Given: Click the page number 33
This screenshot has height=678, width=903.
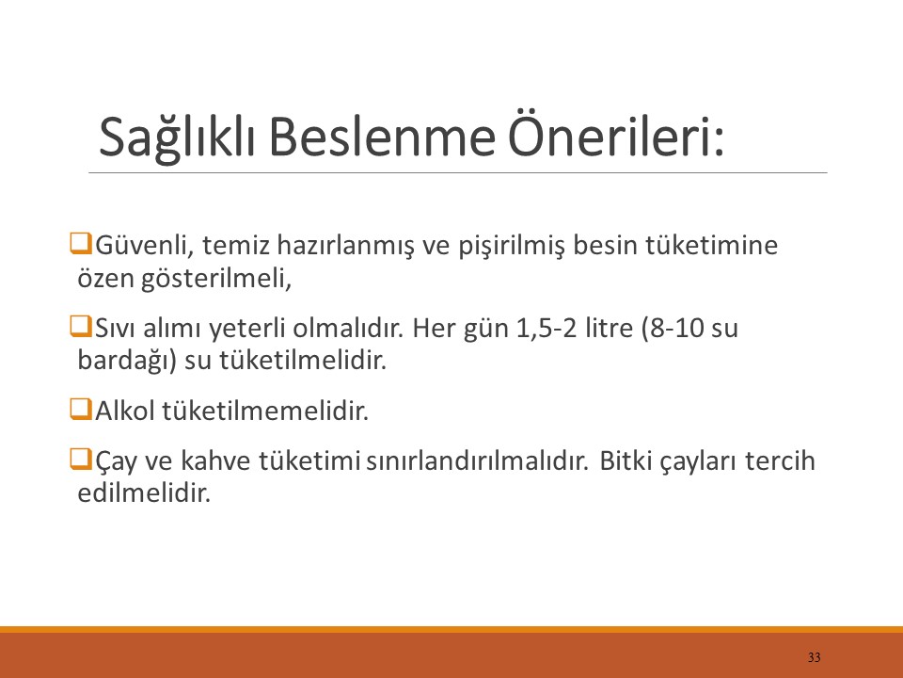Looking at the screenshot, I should click(x=814, y=656).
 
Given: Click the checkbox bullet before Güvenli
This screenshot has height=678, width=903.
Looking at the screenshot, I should click(x=80, y=245).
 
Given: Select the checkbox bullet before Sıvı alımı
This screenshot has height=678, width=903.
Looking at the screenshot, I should click(x=80, y=327).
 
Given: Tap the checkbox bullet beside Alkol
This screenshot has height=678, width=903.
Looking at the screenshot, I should click(x=80, y=410).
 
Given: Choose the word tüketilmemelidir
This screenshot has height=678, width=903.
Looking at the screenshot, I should click(x=265, y=412).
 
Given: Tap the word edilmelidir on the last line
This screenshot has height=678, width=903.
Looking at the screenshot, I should click(x=141, y=493).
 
